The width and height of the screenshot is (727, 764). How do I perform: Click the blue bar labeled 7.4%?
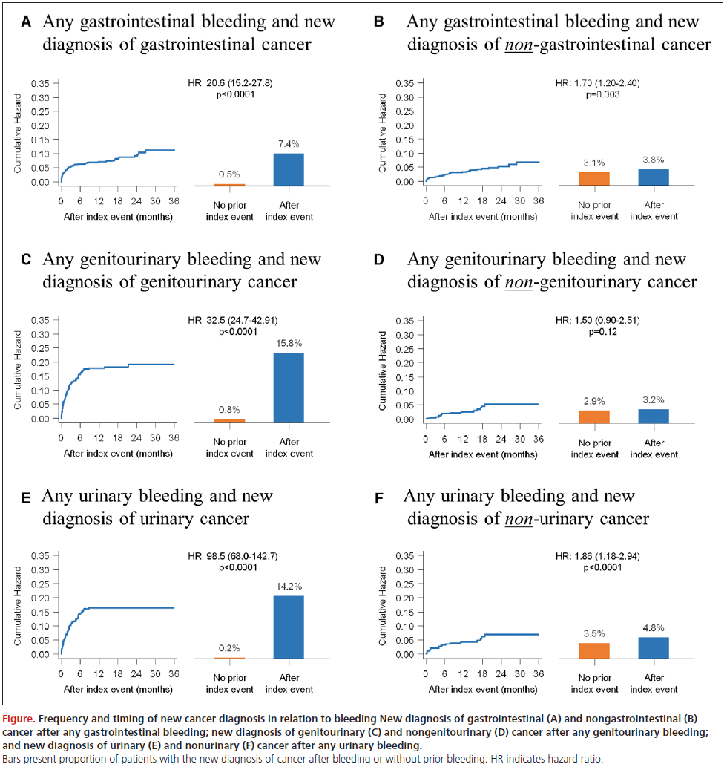tap(289, 169)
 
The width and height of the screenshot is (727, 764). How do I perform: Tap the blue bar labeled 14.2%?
tap(289, 627)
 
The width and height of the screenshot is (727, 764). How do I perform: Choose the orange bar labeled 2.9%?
tap(593, 417)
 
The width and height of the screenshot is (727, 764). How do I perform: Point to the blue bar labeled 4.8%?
tap(654, 647)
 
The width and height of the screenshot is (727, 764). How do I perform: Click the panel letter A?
tap(26, 22)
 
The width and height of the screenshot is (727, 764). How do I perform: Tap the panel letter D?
tap(378, 261)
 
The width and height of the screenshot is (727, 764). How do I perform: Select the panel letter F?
tap(378, 497)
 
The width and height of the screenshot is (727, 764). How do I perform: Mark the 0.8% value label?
tap(229, 409)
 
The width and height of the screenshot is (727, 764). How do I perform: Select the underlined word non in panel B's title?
tap(520, 45)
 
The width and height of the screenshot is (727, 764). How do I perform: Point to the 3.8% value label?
tap(654, 158)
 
